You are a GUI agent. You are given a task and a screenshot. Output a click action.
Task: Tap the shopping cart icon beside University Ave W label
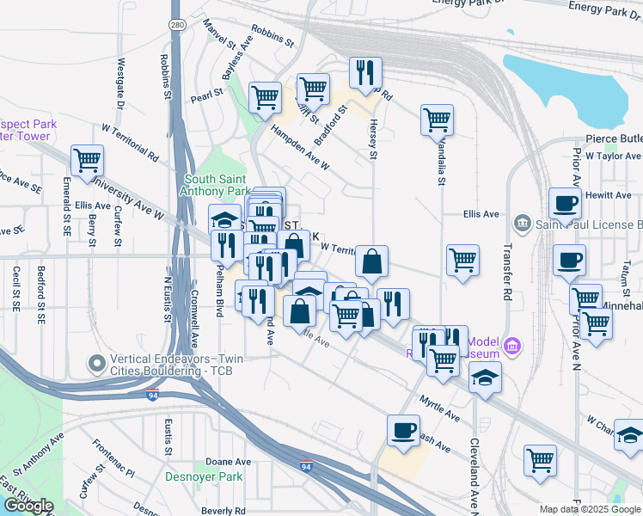click(87, 161)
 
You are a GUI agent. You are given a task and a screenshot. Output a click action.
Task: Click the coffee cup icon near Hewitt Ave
click(566, 205)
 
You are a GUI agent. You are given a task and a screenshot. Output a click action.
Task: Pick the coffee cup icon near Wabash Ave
click(402, 430)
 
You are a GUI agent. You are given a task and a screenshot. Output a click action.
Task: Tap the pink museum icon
click(513, 346)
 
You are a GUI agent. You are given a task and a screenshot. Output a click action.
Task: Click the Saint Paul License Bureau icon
click(522, 224)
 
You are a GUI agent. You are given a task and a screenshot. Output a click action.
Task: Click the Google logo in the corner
click(28, 506)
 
